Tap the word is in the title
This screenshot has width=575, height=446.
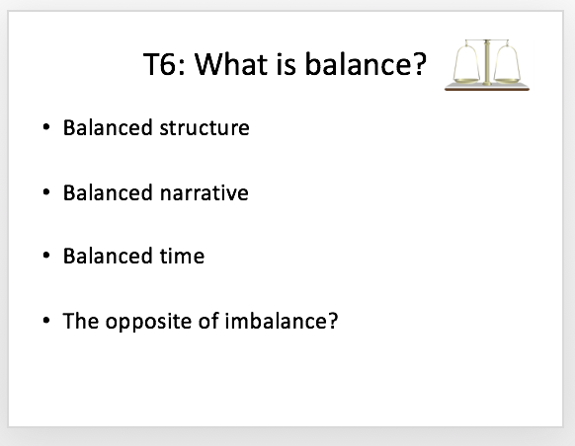(x=287, y=64)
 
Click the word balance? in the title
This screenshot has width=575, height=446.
(x=366, y=64)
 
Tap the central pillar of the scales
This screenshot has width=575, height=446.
(x=487, y=62)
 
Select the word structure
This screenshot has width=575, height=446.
(x=205, y=128)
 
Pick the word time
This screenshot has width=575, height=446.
(x=182, y=256)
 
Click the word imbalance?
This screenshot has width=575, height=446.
(x=282, y=321)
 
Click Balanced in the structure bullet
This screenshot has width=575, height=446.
(x=108, y=128)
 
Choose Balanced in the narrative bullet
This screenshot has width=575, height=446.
(x=108, y=192)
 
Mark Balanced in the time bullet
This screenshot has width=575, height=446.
(x=108, y=256)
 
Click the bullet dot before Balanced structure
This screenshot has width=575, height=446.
(x=46, y=127)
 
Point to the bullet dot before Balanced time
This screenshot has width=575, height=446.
(x=46, y=255)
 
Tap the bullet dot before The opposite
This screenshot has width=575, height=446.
(x=46, y=321)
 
